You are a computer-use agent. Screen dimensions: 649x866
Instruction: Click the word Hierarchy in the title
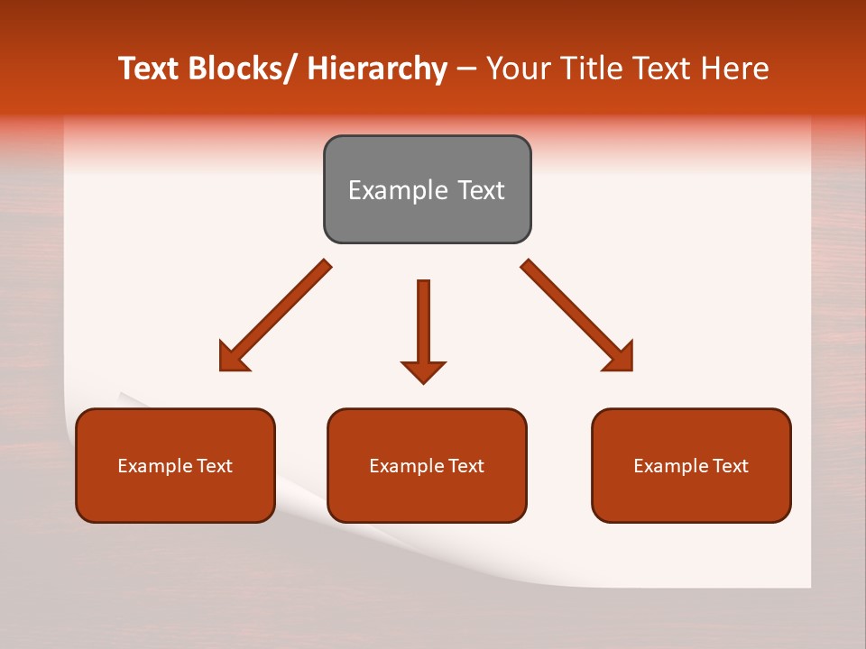pyautogui.click(x=376, y=69)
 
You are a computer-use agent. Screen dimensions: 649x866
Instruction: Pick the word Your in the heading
pyautogui.click(x=518, y=69)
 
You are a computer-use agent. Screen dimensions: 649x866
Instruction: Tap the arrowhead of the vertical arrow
pyautogui.click(x=423, y=370)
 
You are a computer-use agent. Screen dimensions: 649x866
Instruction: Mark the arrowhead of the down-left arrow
pyautogui.click(x=233, y=358)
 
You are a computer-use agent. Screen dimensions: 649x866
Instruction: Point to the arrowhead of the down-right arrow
pyautogui.click(x=619, y=358)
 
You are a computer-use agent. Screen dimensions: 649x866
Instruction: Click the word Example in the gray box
pyautogui.click(x=391, y=191)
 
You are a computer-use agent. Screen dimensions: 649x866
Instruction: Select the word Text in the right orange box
pyautogui.click(x=730, y=466)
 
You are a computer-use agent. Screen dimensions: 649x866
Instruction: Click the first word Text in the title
pyautogui.click(x=149, y=69)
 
